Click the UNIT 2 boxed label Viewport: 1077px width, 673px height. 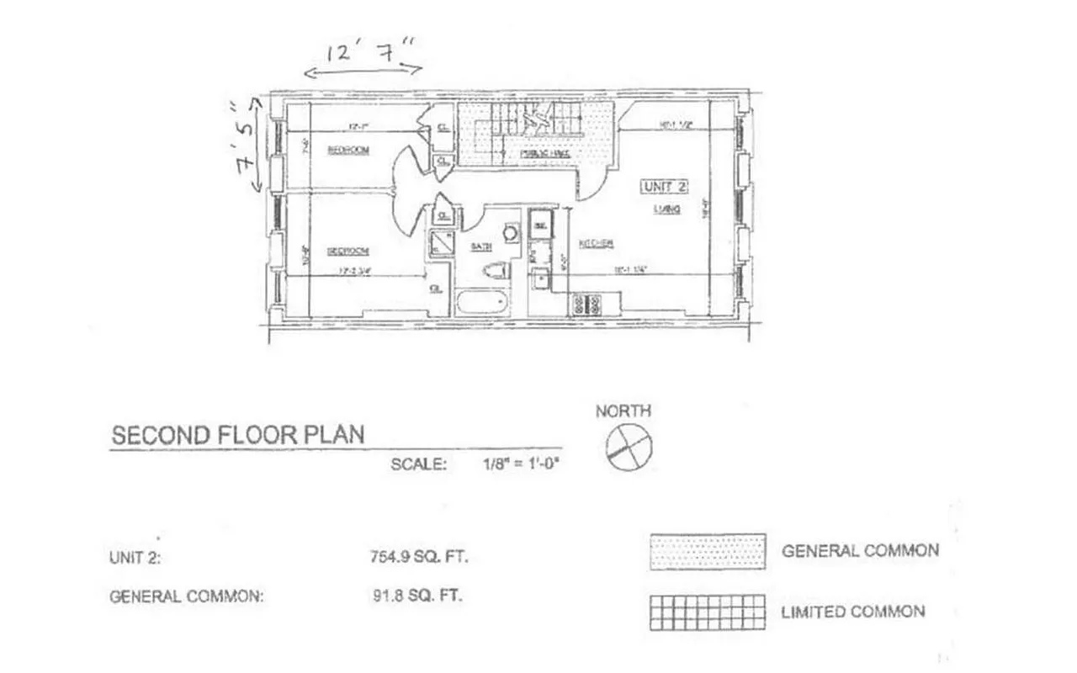click(x=665, y=186)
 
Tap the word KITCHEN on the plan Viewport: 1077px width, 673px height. click(x=596, y=244)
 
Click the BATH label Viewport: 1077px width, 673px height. click(x=480, y=246)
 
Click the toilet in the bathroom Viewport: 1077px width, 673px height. click(x=496, y=271)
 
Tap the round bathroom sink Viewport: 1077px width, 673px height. click(x=510, y=233)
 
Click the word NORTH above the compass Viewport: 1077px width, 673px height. click(x=623, y=411)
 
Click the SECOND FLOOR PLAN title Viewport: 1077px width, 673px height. click(x=238, y=435)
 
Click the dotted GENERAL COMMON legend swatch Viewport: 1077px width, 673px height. click(x=707, y=551)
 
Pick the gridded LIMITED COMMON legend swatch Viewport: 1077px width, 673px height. click(x=707, y=612)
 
